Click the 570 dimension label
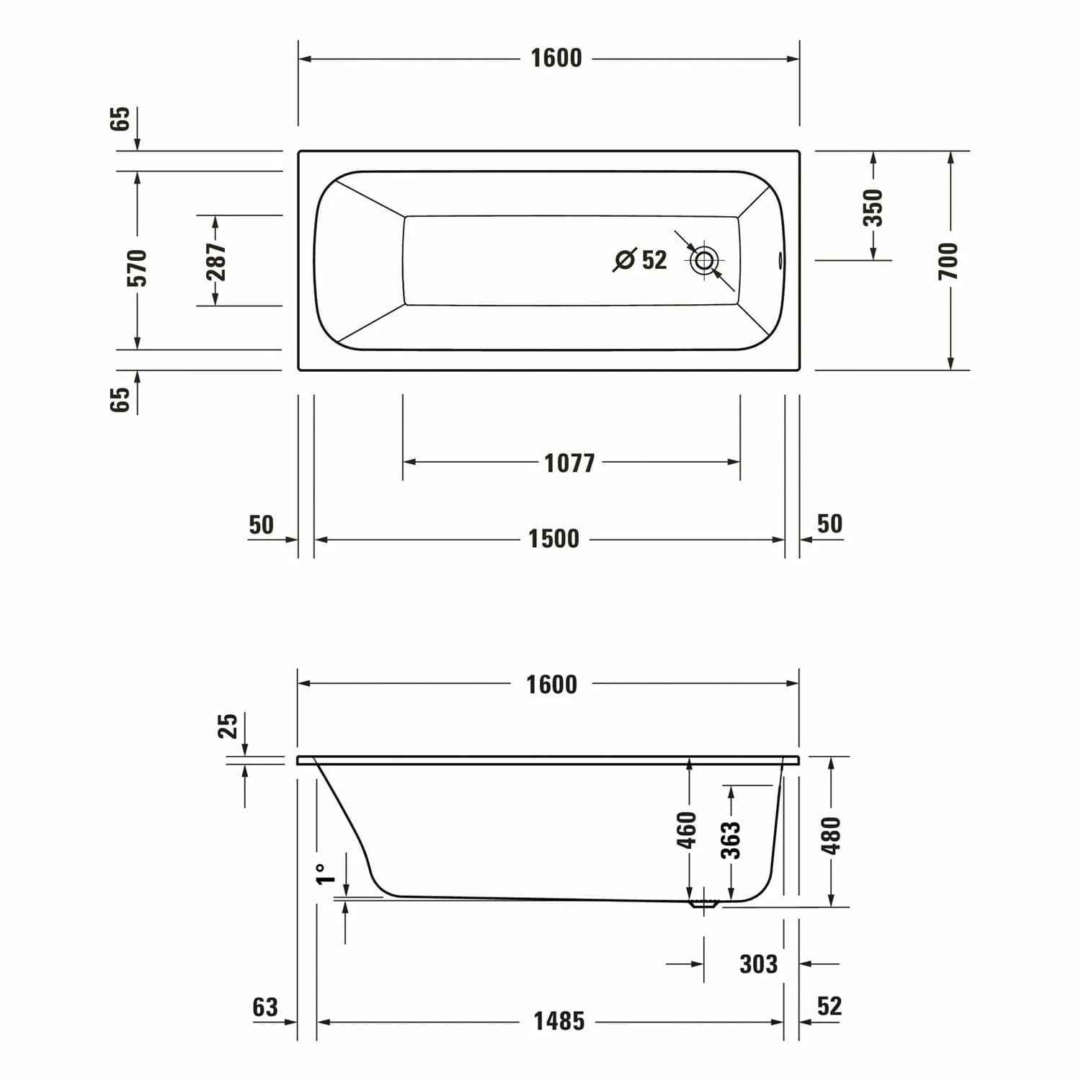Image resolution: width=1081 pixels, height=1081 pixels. [137, 267]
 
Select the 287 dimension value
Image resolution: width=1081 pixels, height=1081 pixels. [215, 261]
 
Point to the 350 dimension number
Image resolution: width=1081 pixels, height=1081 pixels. [873, 208]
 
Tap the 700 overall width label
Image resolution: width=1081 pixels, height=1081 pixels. [950, 261]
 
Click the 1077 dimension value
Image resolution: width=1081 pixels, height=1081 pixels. [569, 463]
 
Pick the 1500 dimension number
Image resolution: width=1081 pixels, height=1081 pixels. [553, 539]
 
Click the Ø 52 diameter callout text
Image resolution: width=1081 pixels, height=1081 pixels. [640, 259]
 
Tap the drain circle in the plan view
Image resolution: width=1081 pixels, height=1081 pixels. [704, 260]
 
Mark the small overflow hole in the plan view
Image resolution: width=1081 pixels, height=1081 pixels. [780, 260]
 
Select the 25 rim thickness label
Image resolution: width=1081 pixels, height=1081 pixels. [228, 726]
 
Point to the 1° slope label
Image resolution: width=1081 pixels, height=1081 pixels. [326, 873]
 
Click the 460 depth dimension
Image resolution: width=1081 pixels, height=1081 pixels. [688, 829]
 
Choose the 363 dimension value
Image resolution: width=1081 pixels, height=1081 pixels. [731, 840]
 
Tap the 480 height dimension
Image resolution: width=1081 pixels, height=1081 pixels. [831, 835]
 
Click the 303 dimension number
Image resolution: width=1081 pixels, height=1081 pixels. [758, 964]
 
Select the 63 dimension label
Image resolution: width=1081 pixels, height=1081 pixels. [265, 1007]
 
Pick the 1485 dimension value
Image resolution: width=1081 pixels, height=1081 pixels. [559, 1021]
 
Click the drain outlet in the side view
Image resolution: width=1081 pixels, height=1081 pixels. [703, 904]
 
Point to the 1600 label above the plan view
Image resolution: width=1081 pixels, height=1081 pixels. [556, 58]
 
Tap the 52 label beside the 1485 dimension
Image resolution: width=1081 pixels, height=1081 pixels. [829, 1006]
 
